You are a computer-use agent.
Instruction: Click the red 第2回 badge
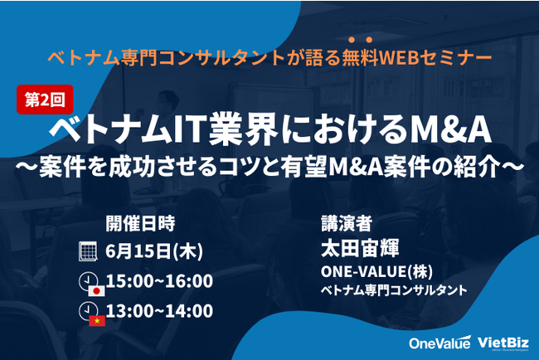pos(45,100)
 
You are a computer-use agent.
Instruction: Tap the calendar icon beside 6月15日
pos(88,251)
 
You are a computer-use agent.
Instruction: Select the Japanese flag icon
pos(96,291)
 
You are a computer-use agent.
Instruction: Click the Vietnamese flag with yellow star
pos(97,321)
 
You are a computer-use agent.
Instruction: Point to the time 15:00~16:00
pos(159,281)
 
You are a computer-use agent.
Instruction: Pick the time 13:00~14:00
pos(159,311)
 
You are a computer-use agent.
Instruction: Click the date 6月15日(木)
pos(154,251)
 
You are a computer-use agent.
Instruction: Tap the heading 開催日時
pos(140,223)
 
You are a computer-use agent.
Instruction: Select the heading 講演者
pos(347,223)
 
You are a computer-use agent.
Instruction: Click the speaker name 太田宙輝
pos(360,248)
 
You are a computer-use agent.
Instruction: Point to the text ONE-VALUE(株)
pos(376,271)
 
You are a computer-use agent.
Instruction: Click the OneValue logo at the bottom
pos(440,343)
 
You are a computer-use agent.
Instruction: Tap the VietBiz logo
pos(503,343)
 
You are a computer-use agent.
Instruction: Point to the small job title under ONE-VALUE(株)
pos(394,290)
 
